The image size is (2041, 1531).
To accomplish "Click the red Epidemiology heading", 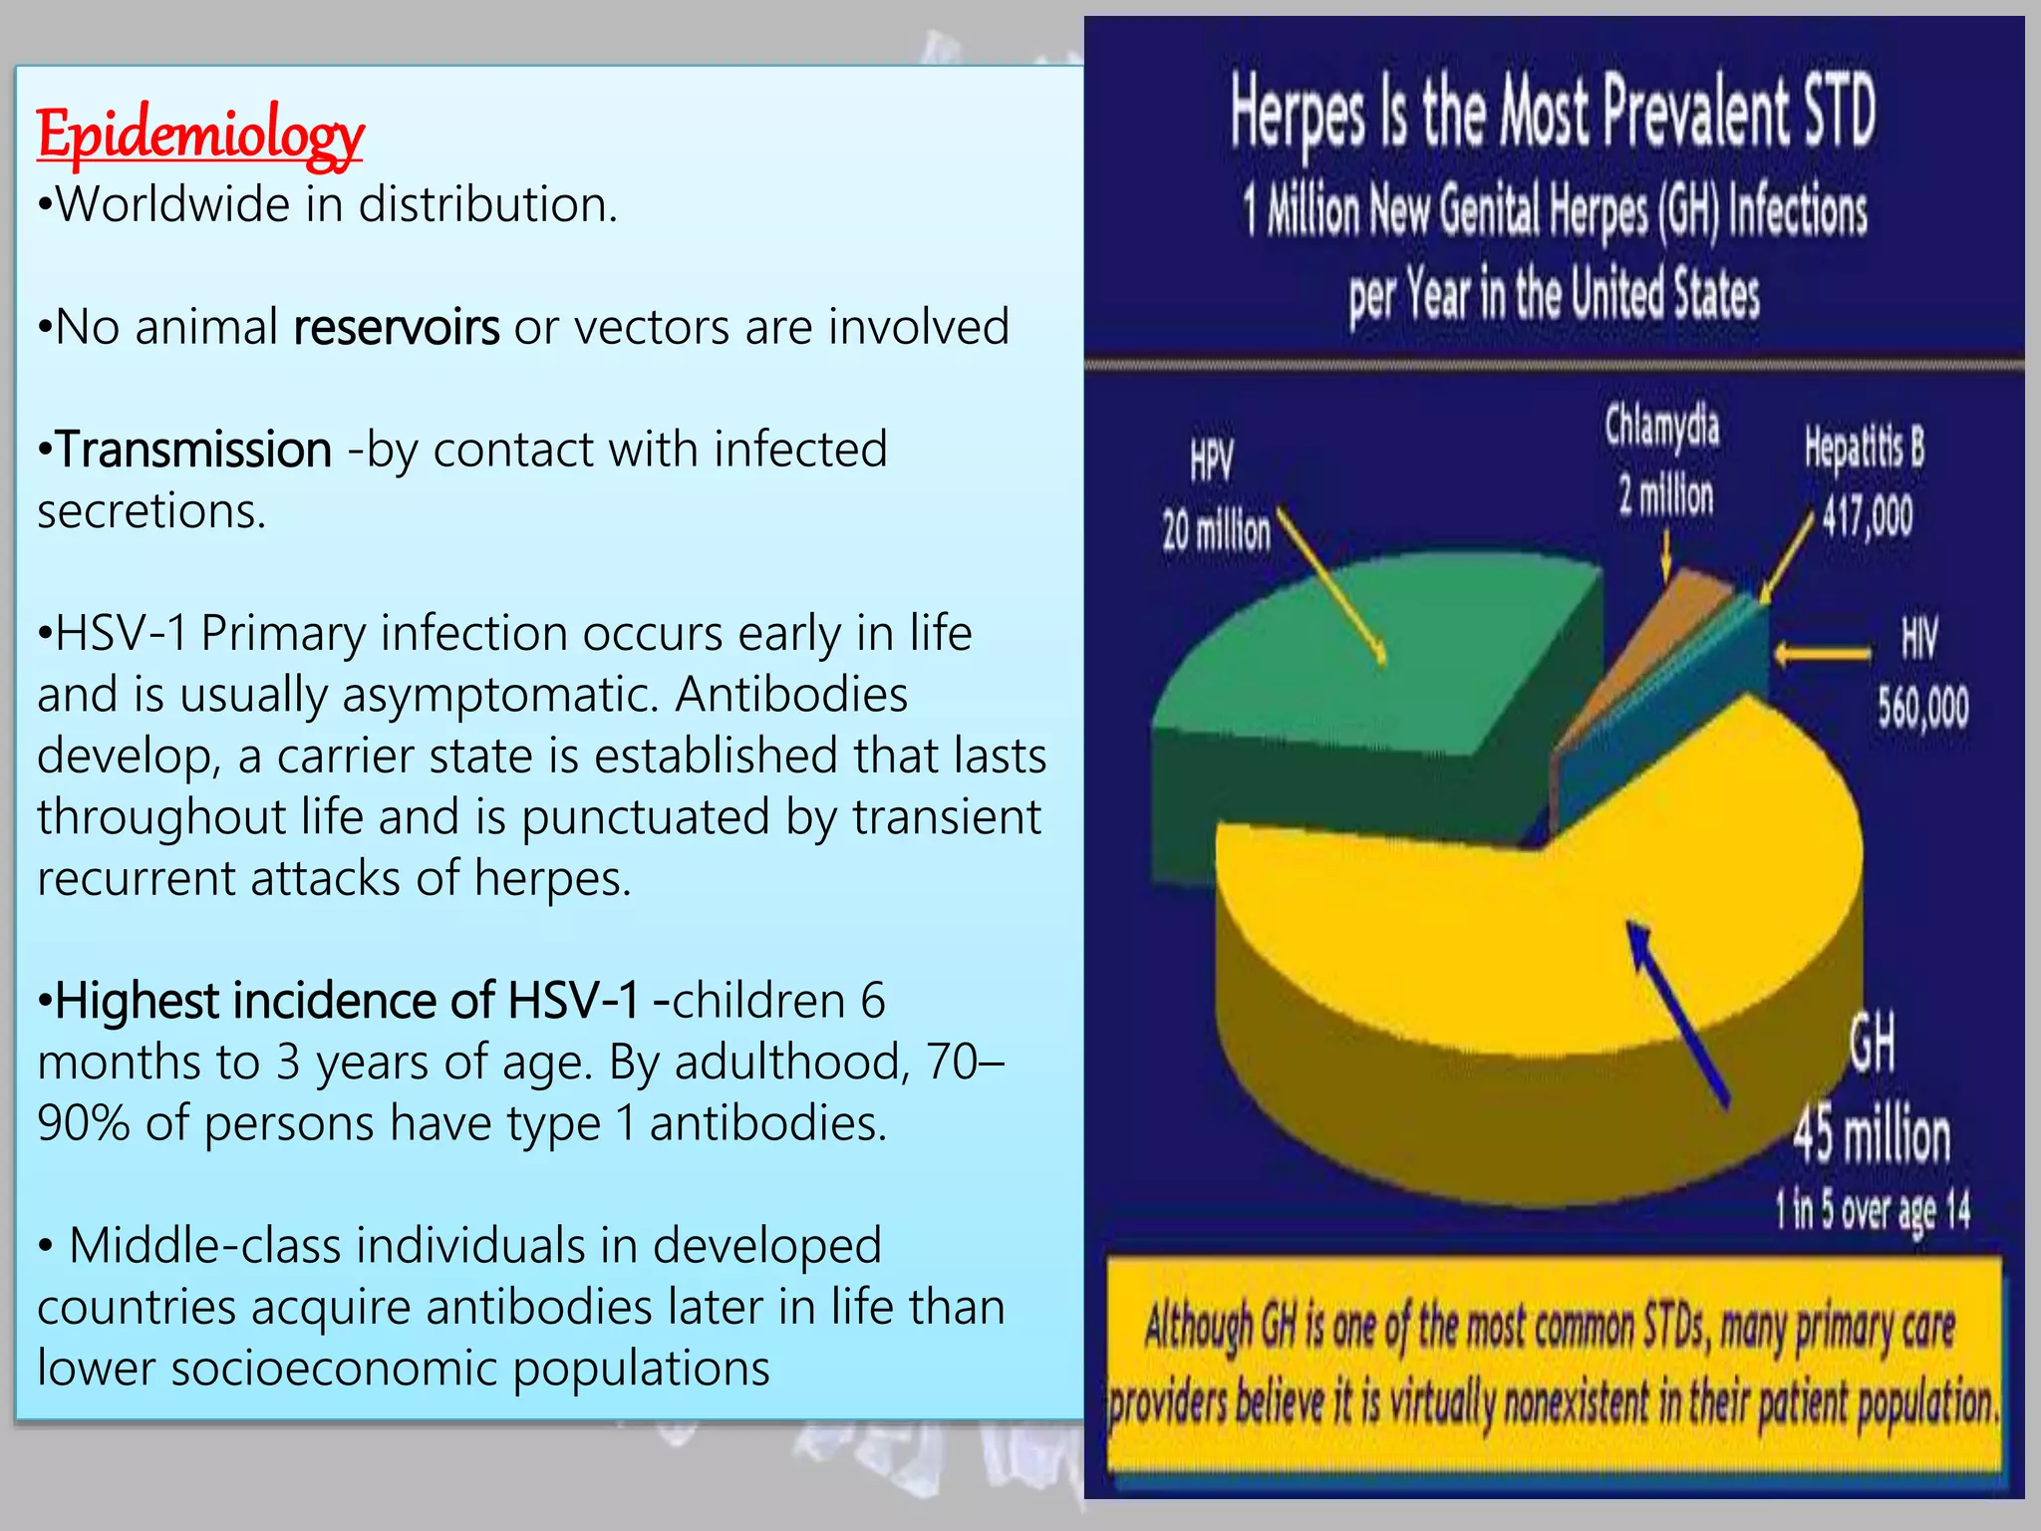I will (199, 135).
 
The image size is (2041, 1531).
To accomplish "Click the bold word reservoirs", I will (396, 327).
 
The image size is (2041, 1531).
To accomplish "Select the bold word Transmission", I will (193, 450).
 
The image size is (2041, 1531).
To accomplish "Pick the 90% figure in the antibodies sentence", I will (83, 1123).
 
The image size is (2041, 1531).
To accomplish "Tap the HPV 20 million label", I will (1216, 498).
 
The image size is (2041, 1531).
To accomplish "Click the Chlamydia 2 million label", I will (1662, 460).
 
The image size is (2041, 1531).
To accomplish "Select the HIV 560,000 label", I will (1921, 673).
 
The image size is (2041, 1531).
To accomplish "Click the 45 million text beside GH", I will (1872, 1135).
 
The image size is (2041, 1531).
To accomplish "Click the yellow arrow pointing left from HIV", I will (1822, 654).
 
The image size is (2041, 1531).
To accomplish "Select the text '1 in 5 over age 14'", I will (1872, 1210).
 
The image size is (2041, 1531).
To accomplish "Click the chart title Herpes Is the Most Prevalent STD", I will (1553, 112).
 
